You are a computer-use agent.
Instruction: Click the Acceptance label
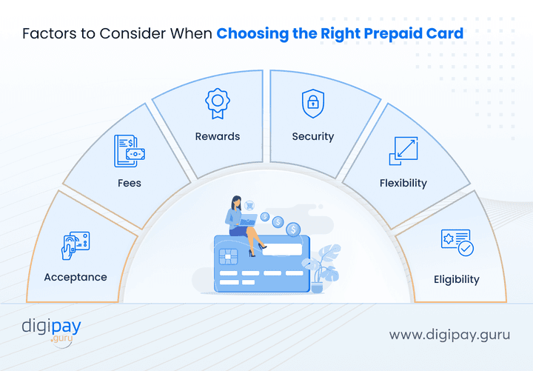[x=76, y=277]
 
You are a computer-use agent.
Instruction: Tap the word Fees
[x=129, y=182]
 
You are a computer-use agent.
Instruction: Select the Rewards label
[x=218, y=136]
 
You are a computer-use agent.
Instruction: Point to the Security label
[x=313, y=136]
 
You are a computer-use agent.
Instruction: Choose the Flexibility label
[x=403, y=183]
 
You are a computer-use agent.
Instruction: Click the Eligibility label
[x=457, y=279]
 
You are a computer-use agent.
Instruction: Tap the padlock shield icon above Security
[x=313, y=104]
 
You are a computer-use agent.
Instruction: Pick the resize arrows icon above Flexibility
[x=403, y=150]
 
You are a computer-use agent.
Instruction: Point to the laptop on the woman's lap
[x=247, y=219]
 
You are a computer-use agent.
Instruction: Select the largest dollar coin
[x=294, y=230]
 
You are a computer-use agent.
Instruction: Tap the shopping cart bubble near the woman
[x=251, y=205]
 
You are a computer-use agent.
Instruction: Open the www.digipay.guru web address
[x=449, y=334]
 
